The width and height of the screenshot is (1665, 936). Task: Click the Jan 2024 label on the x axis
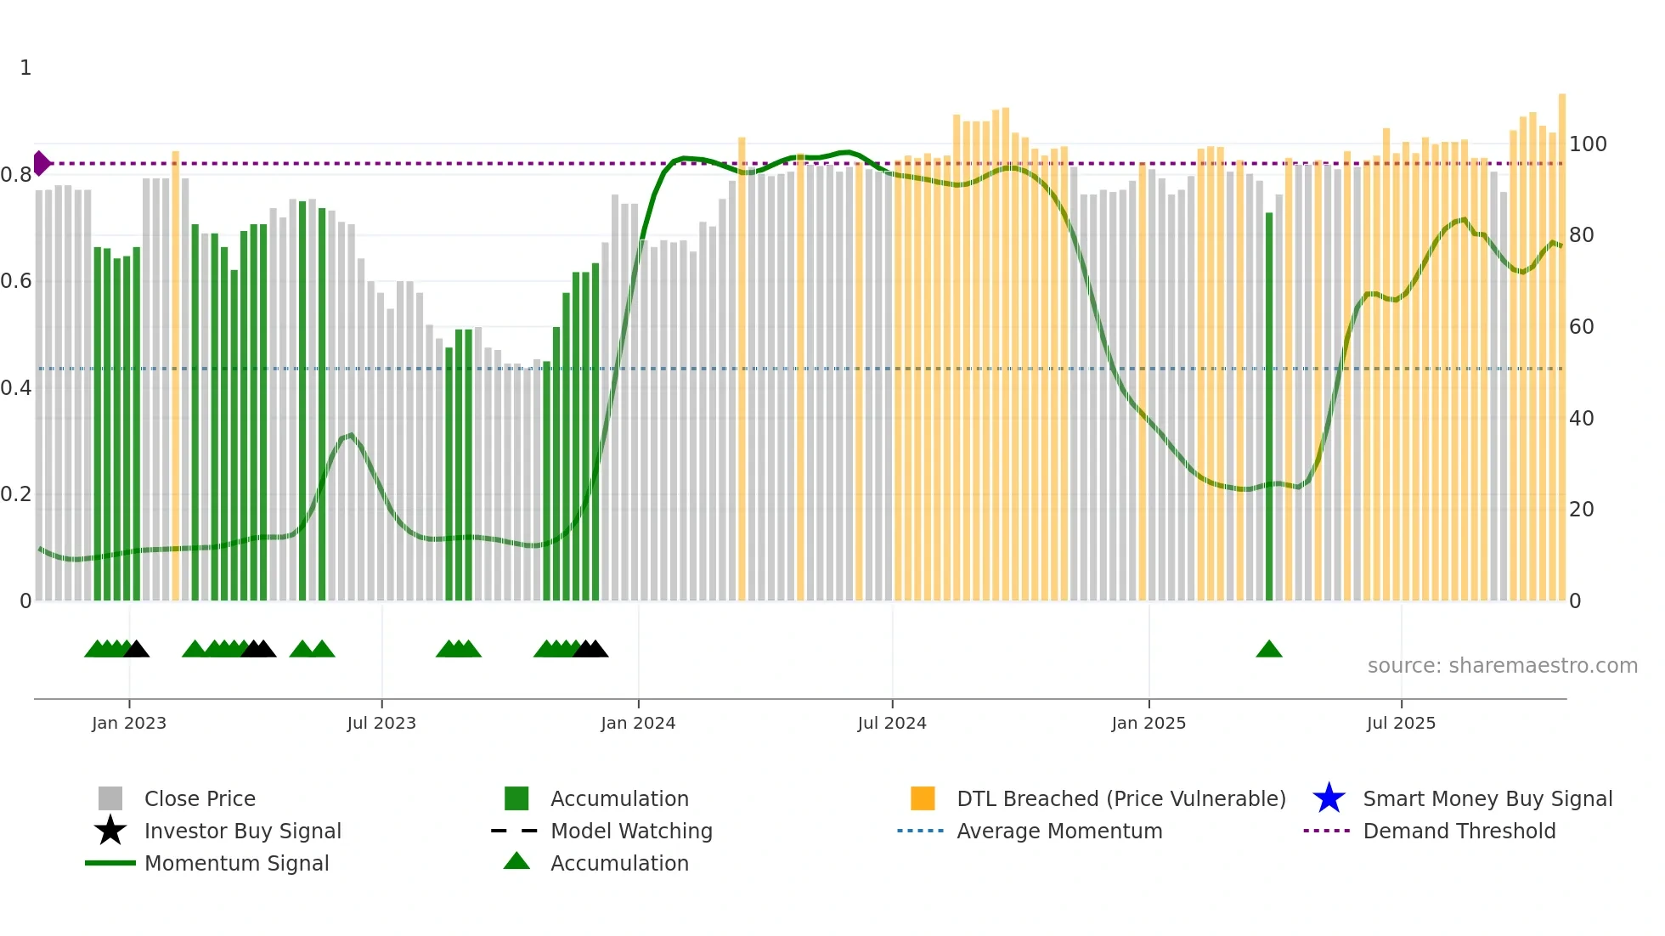pos(638,723)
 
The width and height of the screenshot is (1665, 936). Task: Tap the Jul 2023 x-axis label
pos(381,723)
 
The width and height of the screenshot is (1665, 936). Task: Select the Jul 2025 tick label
pos(1401,723)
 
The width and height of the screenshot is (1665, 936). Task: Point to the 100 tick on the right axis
pos(1588,144)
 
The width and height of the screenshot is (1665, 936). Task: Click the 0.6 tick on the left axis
pos(16,281)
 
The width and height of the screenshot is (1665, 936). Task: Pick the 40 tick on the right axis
pos(1581,419)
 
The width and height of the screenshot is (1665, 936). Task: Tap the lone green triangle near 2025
pos(1268,650)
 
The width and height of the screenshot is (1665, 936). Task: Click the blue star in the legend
pos(1329,798)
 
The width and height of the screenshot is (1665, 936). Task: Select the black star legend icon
pos(110,831)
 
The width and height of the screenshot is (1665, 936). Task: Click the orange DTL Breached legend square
pos(923,798)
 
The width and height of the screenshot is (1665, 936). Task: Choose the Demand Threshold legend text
pos(1459,831)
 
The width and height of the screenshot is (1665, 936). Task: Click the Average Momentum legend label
pos(1059,831)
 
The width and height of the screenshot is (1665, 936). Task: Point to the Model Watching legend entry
pos(631,831)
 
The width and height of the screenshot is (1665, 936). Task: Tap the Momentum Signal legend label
pos(236,863)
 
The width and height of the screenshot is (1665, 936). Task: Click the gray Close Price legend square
pos(110,798)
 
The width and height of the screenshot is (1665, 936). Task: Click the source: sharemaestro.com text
pos(1502,666)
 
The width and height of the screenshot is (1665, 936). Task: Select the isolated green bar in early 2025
pos(1269,408)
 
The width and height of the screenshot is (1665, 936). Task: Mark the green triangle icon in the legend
pos(516,861)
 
